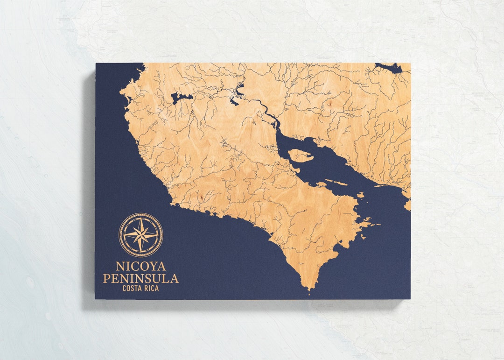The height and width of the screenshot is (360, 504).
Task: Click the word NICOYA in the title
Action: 140,267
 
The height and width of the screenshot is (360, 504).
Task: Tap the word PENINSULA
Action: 140,279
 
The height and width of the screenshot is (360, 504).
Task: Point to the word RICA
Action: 151,288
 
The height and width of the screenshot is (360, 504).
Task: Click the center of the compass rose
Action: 140,235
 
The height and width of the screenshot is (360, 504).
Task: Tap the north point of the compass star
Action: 140,219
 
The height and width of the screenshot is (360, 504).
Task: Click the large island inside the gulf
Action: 300,155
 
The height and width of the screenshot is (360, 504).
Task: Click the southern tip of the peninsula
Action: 308,289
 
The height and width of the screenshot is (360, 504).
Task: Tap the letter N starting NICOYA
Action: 120,267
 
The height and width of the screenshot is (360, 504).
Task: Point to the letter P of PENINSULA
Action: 107,279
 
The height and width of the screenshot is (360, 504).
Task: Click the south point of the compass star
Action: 140,251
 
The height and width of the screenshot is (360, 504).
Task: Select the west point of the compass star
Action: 124,235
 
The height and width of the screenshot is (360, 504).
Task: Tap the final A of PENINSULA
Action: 174,279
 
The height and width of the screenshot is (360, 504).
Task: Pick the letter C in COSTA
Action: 124,288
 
